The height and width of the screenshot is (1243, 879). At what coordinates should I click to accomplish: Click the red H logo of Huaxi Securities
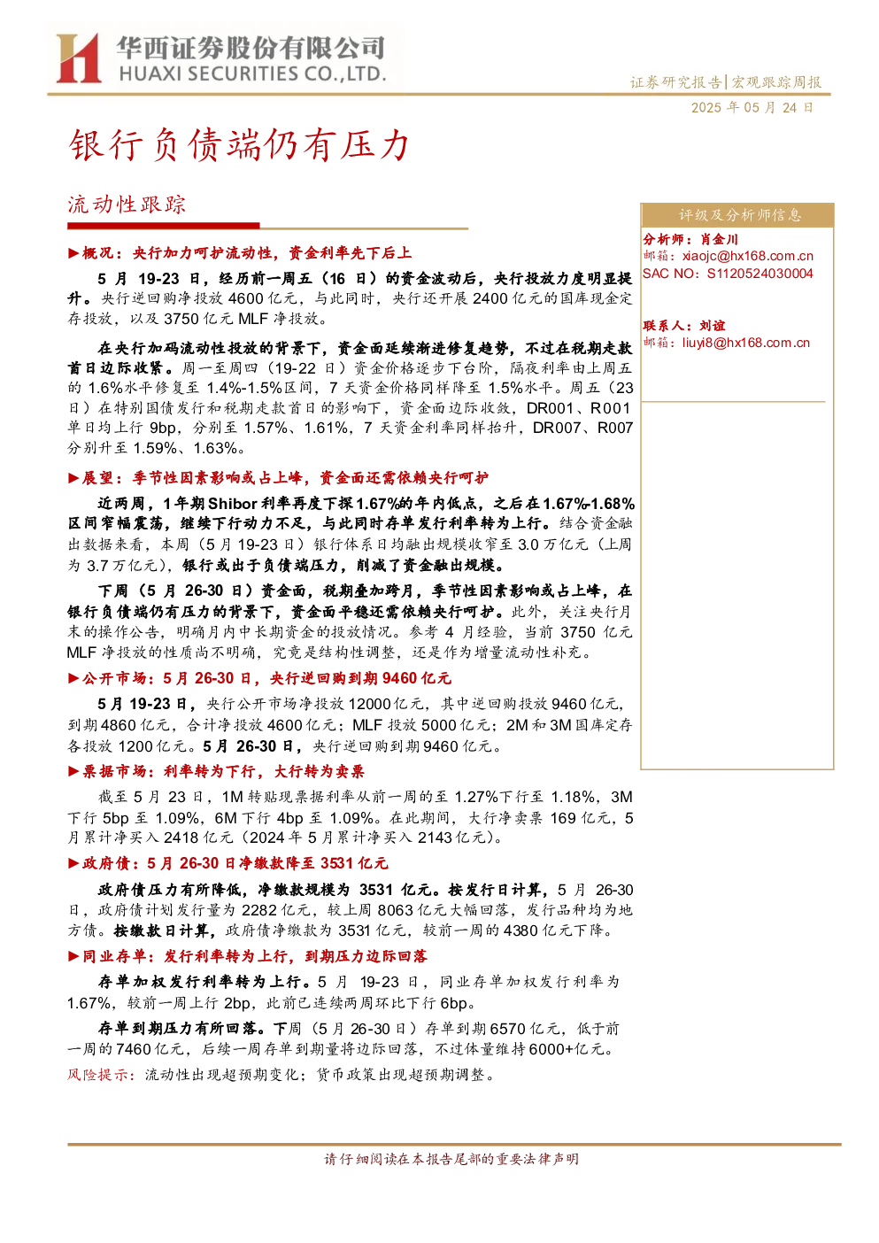[79, 58]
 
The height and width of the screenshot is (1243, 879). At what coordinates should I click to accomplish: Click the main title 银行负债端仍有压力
[239, 145]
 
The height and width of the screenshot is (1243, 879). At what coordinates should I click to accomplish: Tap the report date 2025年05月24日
[752, 108]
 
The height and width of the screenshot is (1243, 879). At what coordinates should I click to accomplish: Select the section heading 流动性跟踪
[127, 205]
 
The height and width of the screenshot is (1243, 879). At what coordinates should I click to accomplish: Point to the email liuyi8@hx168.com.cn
[746, 343]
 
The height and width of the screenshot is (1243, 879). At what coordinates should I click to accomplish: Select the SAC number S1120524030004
[759, 274]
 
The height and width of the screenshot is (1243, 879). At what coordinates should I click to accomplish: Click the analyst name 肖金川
[719, 239]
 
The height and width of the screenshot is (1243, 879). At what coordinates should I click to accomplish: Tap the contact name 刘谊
[713, 326]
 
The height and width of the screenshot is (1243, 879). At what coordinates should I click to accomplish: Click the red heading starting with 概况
[240, 253]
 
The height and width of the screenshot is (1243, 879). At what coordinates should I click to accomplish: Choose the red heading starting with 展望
[278, 478]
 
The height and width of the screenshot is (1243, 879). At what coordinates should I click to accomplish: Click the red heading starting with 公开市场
[259, 678]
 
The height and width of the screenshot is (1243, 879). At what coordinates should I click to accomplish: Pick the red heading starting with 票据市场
[216, 771]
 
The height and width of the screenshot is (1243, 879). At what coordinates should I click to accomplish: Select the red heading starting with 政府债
[228, 863]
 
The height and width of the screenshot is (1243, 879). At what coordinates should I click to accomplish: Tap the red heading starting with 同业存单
[248, 956]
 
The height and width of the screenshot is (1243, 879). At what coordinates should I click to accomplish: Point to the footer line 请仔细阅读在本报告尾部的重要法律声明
[451, 1159]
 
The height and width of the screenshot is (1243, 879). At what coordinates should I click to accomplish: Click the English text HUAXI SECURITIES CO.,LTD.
[252, 73]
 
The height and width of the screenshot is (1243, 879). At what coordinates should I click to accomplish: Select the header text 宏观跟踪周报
[776, 82]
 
